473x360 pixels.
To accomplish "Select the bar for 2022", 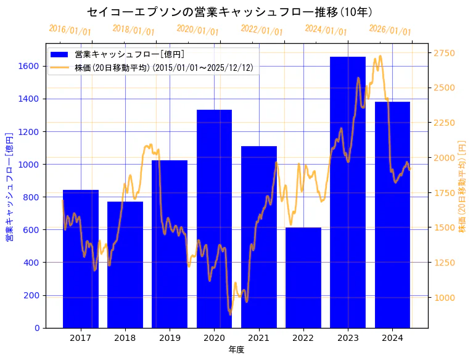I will (303, 277).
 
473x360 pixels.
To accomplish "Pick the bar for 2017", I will (81, 259).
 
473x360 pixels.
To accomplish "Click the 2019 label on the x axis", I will (170, 338).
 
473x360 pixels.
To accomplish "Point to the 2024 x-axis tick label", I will (392, 338).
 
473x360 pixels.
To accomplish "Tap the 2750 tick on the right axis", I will (444, 54).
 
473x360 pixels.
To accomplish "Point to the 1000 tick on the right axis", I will (444, 298).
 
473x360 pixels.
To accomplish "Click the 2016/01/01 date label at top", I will (70, 30).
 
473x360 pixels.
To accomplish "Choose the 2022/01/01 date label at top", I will (262, 30).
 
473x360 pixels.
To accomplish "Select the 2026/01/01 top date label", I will (390, 30).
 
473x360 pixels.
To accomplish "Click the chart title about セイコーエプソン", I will (229, 12).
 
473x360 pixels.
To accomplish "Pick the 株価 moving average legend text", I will (163, 67).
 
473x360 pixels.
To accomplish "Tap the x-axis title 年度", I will (236, 350).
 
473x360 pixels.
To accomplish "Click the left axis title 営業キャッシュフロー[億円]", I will (9, 186).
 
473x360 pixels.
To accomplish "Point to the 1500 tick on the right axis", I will (444, 227).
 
